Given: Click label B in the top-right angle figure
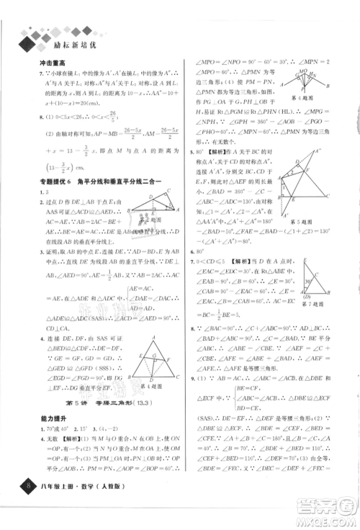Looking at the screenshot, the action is (328, 86).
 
